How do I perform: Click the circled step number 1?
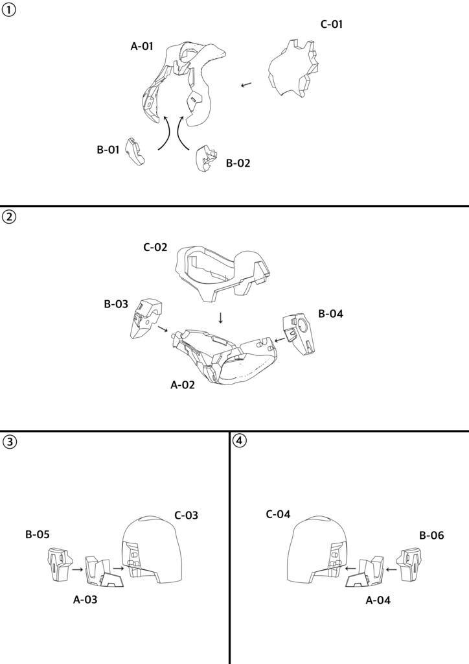pos(8,10)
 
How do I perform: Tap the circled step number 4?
pos(240,440)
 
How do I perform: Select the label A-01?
pos(142,46)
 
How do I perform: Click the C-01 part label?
pos(331,24)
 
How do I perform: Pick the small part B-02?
pos(206,158)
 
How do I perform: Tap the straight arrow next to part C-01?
pos(246,85)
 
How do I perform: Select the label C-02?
pos(155,247)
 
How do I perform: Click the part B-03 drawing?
pos(146,318)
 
